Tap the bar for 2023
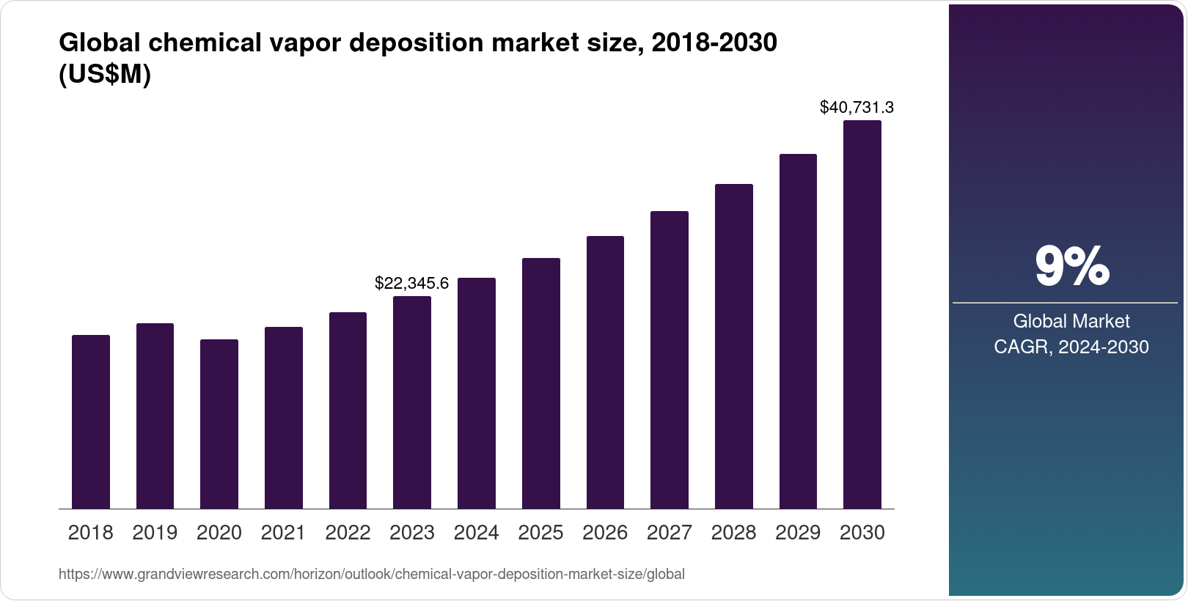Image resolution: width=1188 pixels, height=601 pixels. point(412,402)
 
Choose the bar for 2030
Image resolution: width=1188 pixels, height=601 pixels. point(862,314)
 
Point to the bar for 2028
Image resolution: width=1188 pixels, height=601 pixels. point(734,346)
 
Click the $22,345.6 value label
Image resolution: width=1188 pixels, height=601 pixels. point(411,283)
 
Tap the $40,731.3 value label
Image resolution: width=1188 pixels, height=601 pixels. point(857,108)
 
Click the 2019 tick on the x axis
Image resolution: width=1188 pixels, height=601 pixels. point(155,533)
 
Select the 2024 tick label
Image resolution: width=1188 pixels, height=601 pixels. point(477,533)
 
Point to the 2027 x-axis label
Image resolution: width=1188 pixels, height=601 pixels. point(670,533)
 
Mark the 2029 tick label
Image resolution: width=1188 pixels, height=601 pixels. point(798,533)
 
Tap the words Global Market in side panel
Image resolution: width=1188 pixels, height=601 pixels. point(1071,321)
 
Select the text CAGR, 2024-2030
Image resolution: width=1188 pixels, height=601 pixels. point(1071,347)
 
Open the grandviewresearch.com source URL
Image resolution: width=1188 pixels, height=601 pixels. point(371,575)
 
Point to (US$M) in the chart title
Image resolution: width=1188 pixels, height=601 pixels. point(104,75)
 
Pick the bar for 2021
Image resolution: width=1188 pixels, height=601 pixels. point(284,418)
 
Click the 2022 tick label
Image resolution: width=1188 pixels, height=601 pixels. point(348,533)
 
